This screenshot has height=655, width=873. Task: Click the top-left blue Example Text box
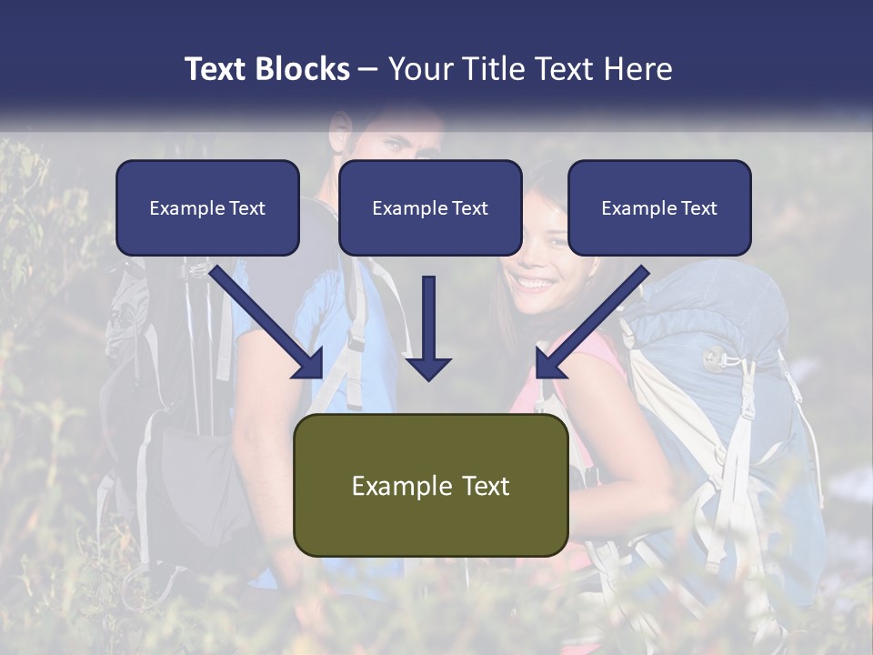point(207,207)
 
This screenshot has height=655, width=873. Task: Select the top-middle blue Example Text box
point(430,207)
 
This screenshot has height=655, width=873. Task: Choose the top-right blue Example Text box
point(659,207)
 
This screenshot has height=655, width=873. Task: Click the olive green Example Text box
point(430,485)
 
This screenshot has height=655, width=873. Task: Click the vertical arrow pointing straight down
point(428,327)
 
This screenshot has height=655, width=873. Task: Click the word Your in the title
point(417,69)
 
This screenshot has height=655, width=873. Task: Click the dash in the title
point(368,69)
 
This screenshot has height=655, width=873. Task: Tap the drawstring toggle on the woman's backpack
point(712,358)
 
